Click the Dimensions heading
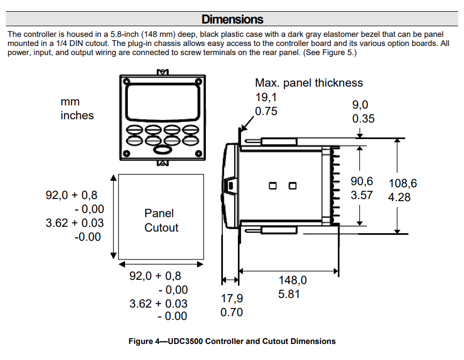[x=232, y=20]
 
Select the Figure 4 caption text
[x=232, y=341]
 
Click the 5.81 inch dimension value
[x=289, y=294]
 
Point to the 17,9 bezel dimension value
[x=232, y=298]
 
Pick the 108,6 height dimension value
[x=403, y=183]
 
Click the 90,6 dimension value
[x=361, y=181]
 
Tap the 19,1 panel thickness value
[x=266, y=97]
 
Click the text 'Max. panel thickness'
[x=309, y=83]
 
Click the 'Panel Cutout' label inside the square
[x=161, y=220]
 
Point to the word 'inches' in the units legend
[x=77, y=116]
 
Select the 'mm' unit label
[x=70, y=102]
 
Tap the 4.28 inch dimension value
[x=399, y=197]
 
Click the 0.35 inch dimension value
[x=364, y=119]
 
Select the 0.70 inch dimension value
[x=231, y=312]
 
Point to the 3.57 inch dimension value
[x=361, y=195]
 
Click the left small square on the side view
[x=273, y=186]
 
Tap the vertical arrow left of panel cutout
[x=113, y=216]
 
